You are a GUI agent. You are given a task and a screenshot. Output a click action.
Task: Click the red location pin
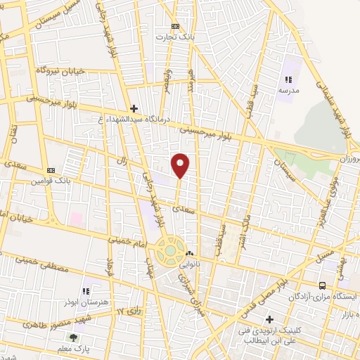coord(181,165)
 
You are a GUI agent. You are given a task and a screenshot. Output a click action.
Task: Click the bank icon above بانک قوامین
coord(51,170)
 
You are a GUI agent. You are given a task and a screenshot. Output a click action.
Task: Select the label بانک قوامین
coord(50,181)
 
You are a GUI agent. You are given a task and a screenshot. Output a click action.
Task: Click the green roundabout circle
coord(169,250)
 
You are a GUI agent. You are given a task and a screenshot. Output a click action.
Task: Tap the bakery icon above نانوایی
coord(188,254)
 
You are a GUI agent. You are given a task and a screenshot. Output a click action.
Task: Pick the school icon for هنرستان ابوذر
coord(85,291)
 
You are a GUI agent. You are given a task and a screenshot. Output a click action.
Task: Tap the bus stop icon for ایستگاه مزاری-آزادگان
coord(323,286)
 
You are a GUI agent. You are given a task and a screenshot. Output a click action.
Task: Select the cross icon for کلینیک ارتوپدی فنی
coord(270,319)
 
